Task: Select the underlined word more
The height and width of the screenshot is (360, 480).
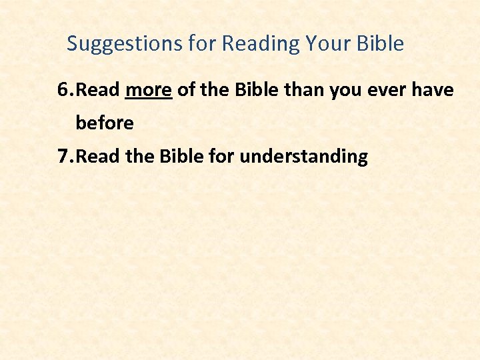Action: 149,90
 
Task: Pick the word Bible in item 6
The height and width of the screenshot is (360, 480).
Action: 255,90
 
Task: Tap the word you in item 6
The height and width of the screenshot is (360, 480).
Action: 347,90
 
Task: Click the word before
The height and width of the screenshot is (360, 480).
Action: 105,123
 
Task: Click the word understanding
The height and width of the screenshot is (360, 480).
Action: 303,157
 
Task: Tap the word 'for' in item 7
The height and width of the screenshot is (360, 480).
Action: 223,157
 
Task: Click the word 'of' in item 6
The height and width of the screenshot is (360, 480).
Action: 186,90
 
